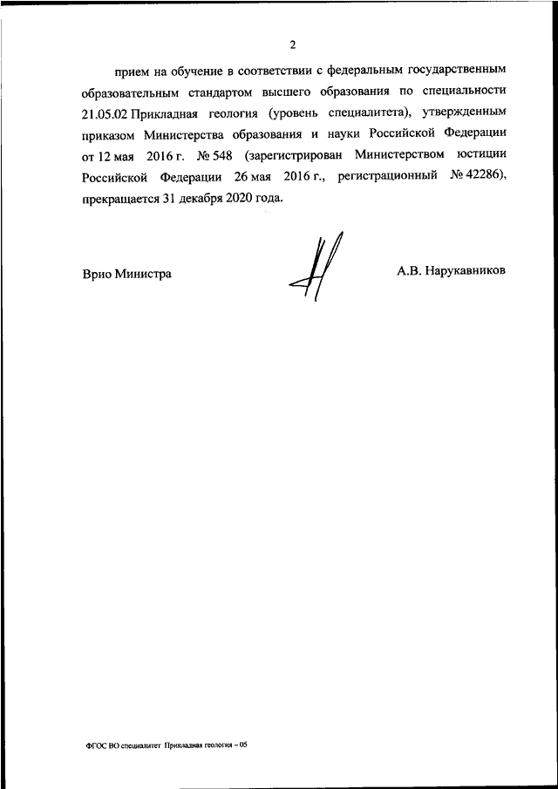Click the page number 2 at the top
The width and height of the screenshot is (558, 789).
(x=294, y=44)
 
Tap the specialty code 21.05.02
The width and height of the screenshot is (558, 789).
(x=103, y=112)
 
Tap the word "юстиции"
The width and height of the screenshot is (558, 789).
(x=479, y=156)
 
